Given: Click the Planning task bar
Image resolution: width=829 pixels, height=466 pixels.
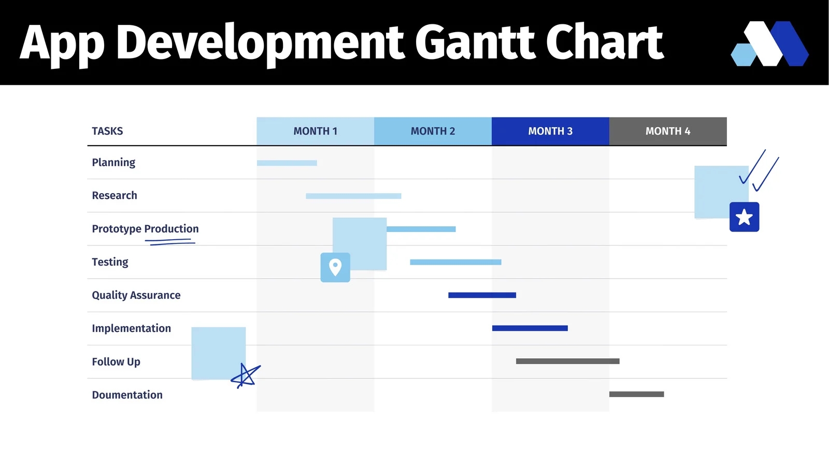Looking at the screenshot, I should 287,163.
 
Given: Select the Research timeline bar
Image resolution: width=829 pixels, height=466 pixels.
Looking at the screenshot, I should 353,196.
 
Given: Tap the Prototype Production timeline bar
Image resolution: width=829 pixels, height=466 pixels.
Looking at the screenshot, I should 421,229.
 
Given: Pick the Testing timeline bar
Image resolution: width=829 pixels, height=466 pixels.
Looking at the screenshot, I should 455,262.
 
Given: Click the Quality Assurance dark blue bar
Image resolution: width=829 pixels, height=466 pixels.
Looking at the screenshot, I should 482,295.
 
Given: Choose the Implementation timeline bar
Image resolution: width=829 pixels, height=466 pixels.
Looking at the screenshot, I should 530,328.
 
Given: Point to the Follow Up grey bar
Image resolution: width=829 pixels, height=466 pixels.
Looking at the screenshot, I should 567,361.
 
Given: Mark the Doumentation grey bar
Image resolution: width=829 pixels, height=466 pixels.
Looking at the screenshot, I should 636,394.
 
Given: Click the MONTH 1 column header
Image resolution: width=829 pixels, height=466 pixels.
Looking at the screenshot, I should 315,131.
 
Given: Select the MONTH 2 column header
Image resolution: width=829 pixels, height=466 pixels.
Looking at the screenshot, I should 433,131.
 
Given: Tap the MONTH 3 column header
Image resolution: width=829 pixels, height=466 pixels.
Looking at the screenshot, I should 550,131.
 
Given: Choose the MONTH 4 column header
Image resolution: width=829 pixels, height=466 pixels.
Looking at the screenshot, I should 668,131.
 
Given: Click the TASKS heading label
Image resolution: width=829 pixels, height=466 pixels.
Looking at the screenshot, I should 107,131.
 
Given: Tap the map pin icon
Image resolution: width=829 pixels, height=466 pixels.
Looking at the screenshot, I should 335,267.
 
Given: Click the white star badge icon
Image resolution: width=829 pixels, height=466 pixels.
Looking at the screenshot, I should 744,217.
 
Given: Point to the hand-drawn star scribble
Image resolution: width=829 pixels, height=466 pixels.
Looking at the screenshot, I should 245,375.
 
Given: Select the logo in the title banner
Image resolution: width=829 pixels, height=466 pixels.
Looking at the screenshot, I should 769,43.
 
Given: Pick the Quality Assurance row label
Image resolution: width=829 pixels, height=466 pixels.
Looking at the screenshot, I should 136,295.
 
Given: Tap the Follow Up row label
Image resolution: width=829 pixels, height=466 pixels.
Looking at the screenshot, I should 116,361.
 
